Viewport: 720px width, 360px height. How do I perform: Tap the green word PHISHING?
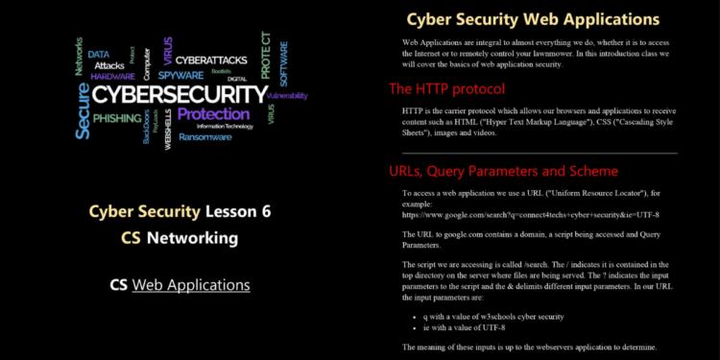click(118, 118)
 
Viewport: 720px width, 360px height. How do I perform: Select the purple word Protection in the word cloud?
click(213, 113)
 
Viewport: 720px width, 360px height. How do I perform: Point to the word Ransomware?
click(204, 136)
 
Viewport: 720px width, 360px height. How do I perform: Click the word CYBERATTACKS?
click(213, 60)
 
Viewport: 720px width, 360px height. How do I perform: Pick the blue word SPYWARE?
click(180, 74)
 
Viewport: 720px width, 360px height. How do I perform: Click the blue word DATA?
click(99, 55)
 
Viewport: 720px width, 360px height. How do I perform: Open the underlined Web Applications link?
click(191, 284)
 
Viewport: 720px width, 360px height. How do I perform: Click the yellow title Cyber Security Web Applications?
click(533, 18)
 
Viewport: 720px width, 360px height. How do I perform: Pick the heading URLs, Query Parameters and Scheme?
click(503, 171)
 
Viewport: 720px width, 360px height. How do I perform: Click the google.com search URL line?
click(530, 214)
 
